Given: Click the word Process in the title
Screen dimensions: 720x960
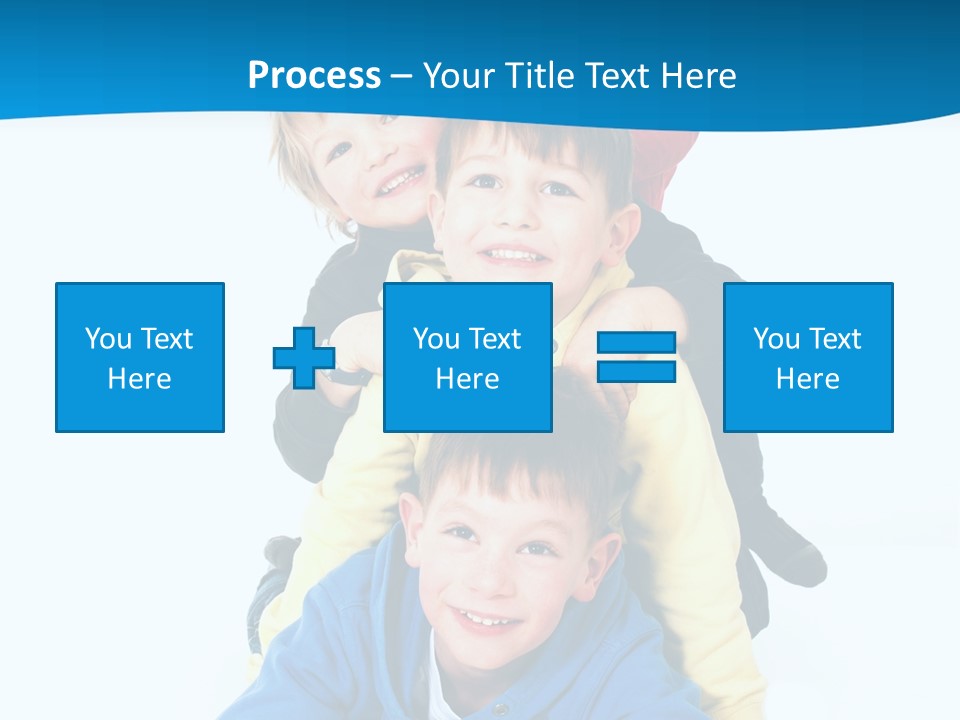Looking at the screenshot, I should (x=314, y=76).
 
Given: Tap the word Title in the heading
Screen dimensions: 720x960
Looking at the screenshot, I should (x=538, y=76).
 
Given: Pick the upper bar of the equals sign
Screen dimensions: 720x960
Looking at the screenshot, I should (x=636, y=343).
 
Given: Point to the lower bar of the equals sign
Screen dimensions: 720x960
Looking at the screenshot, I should (x=636, y=371).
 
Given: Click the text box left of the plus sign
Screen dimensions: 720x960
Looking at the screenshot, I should (x=140, y=357).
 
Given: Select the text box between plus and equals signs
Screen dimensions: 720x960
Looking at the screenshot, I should (x=467, y=357).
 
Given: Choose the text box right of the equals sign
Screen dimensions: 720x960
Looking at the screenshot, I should (x=808, y=357).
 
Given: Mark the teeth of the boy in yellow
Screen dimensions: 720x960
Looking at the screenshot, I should (x=513, y=256).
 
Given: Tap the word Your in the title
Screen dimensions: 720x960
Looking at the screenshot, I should (x=460, y=76).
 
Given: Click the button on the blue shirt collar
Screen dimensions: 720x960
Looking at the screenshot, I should (x=499, y=709).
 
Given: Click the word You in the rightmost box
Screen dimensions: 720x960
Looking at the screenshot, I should (x=775, y=339).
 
